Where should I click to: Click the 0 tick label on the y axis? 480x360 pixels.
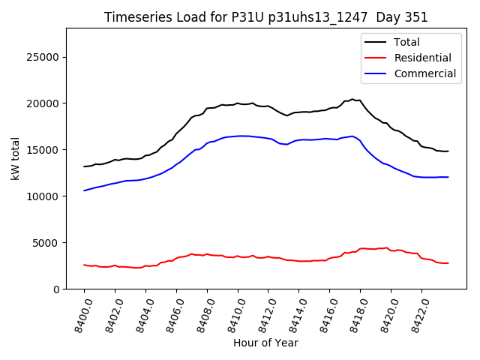pyautogui.click(x=56, y=289)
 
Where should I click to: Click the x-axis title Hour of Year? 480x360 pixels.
pyautogui.click(x=265, y=343)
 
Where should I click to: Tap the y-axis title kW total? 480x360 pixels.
pyautogui.click(x=15, y=158)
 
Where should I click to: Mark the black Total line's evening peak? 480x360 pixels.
pyautogui.click(x=352, y=99)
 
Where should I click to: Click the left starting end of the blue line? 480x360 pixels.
pyautogui.click(x=84, y=190)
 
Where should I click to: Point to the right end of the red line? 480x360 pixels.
pyautogui.click(x=448, y=263)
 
